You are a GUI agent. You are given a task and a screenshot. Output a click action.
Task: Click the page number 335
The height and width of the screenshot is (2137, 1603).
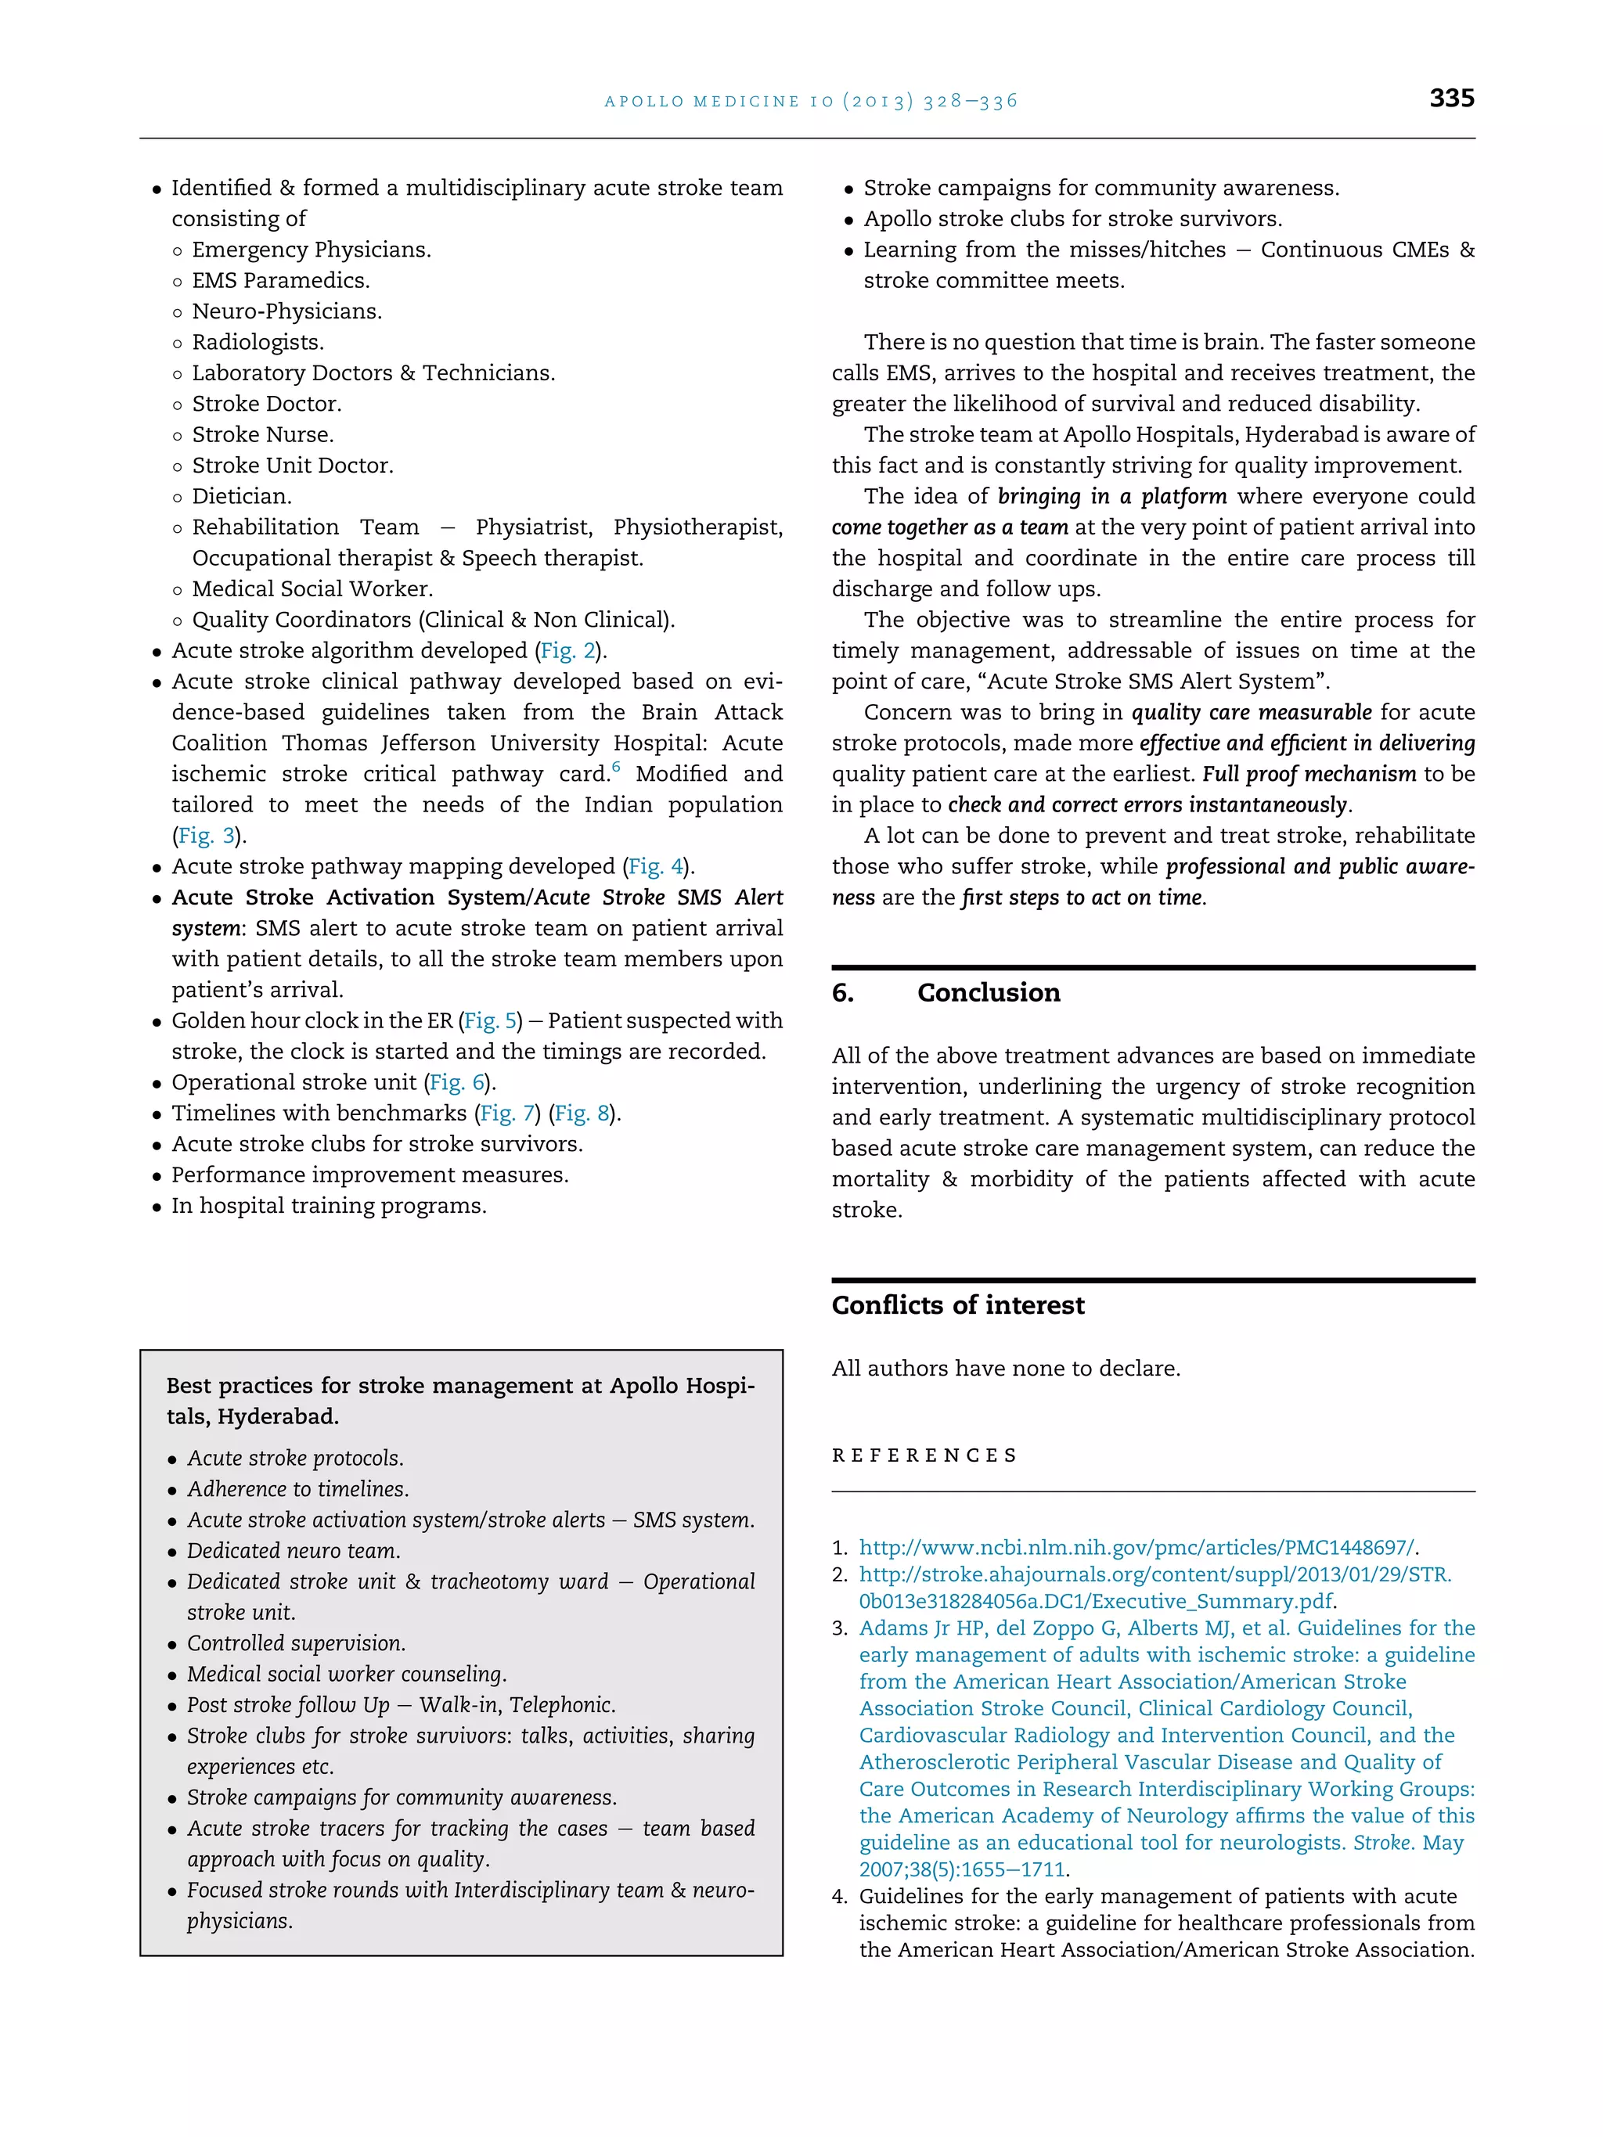click(x=1451, y=98)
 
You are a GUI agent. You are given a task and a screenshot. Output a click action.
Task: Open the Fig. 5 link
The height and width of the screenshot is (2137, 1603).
click(x=491, y=1021)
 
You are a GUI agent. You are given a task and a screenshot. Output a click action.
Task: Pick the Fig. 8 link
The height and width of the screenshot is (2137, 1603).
click(x=585, y=1114)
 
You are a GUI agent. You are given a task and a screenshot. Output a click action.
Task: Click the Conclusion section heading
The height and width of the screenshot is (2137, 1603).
click(x=989, y=993)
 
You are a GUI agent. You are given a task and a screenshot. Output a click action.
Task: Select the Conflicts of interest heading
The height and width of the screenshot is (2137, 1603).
click(x=957, y=1305)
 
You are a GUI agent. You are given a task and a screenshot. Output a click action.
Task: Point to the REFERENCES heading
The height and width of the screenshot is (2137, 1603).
click(x=924, y=1455)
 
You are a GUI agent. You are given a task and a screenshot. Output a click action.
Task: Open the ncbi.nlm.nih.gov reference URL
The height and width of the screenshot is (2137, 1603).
click(x=1137, y=1547)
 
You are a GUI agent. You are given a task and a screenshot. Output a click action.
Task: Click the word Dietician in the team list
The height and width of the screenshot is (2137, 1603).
click(x=240, y=497)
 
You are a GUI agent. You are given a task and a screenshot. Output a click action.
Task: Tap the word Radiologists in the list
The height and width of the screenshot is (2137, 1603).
click(x=257, y=342)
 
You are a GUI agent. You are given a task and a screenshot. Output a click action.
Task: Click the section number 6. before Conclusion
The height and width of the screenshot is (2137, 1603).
click(x=842, y=993)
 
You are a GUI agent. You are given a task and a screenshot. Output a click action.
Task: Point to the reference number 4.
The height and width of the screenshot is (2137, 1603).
click(x=839, y=1897)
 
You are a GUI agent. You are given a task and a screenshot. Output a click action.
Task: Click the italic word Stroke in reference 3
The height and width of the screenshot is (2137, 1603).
click(x=1381, y=1842)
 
